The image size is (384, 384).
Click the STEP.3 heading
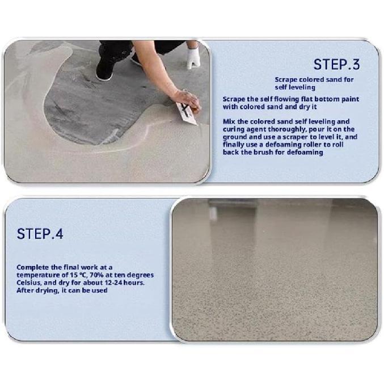click(336, 64)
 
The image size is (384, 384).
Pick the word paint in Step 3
click(348, 99)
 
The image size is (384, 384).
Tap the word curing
click(233, 129)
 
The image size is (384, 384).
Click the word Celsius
click(31, 282)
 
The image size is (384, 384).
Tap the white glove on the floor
click(193, 56)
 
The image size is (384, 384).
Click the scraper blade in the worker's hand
click(187, 113)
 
